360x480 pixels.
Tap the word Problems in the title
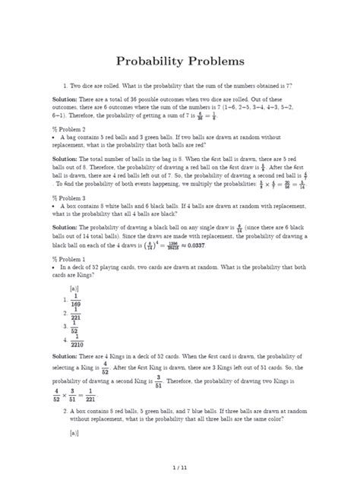click(220, 60)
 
